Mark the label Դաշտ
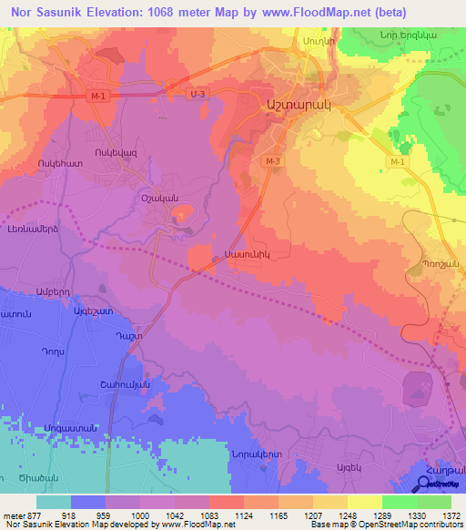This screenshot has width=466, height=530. [102, 336]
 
